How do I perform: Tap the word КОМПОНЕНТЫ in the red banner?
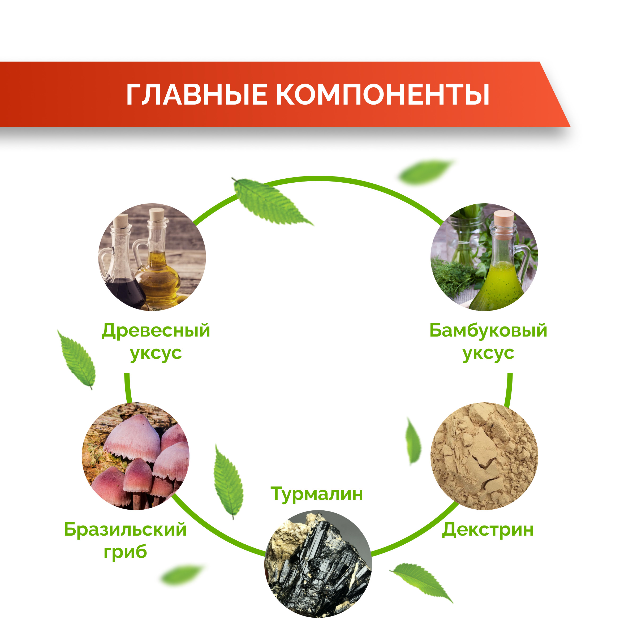point(383,95)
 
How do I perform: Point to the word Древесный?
point(156,331)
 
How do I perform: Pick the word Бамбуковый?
point(488,331)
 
